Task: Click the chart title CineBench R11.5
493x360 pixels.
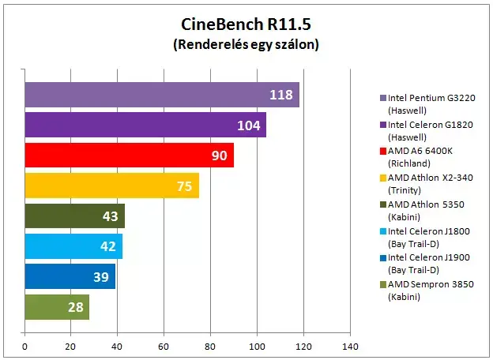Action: coord(246,24)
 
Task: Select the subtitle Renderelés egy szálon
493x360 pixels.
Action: coord(246,44)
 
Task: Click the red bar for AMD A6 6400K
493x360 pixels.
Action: coord(130,156)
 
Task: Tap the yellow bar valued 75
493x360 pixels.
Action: coord(112,186)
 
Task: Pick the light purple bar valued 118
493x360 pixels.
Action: coord(162,95)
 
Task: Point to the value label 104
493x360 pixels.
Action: coord(249,126)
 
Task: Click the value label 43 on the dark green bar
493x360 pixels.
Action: coord(111,216)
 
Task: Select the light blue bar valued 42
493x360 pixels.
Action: coord(73,246)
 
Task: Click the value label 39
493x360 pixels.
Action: coord(101,277)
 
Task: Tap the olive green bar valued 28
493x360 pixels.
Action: coord(57,307)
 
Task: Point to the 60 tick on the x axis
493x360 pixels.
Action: coord(164,347)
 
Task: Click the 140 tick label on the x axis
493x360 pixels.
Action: coord(350,347)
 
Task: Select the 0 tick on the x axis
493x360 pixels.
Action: coord(24,347)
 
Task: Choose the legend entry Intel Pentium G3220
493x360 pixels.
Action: coord(427,104)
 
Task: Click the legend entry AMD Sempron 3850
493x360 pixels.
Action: coord(427,291)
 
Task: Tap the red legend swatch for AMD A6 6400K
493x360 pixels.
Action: coord(383,151)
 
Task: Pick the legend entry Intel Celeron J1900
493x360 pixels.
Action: coord(425,264)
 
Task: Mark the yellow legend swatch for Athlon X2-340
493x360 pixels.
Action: coord(383,178)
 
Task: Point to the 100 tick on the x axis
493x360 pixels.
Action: coord(257,347)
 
